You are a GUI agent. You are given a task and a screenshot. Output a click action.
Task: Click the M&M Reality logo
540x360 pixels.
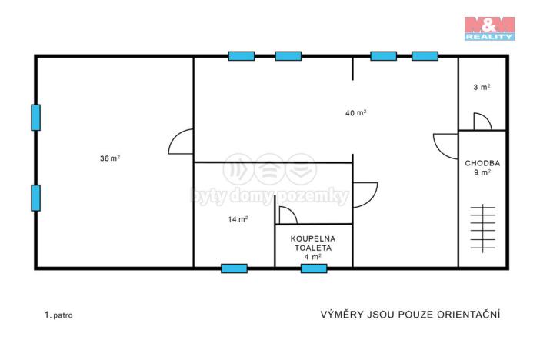click(x=489, y=28)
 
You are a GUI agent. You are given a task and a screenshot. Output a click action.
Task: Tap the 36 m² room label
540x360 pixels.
click(x=110, y=158)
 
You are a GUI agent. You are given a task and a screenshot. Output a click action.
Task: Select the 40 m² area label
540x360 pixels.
click(x=355, y=112)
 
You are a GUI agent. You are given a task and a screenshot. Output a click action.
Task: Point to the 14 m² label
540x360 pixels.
click(x=238, y=219)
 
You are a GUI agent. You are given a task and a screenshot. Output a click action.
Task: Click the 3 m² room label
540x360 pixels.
click(x=482, y=87)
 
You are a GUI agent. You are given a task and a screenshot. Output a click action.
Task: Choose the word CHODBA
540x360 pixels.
click(x=482, y=163)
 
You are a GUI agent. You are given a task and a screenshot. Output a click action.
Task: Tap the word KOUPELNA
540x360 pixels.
click(x=313, y=238)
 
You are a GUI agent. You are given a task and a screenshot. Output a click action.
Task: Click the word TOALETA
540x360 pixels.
click(x=313, y=248)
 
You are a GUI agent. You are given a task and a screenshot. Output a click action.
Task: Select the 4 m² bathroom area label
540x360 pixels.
click(x=313, y=257)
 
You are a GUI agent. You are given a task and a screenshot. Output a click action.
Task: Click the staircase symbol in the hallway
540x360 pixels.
click(x=483, y=228)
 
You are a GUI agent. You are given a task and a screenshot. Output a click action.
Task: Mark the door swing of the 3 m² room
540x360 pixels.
click(x=482, y=122)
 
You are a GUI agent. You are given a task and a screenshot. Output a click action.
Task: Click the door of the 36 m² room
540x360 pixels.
click(x=181, y=142)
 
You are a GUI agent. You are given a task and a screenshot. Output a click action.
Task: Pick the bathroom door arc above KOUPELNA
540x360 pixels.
click(x=288, y=215)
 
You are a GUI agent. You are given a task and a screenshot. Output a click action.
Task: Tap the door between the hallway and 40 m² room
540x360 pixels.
click(x=445, y=146)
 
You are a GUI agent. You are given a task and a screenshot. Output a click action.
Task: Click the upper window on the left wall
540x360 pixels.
click(x=36, y=118)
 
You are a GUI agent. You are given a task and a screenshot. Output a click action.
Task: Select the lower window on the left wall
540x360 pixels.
click(x=36, y=198)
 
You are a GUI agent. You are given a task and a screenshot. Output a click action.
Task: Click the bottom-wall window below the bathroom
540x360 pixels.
click(x=314, y=268)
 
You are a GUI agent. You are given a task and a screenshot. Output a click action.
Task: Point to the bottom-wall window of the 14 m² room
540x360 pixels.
click(x=234, y=268)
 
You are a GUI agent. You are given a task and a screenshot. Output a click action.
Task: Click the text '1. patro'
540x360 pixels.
click(x=58, y=315)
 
